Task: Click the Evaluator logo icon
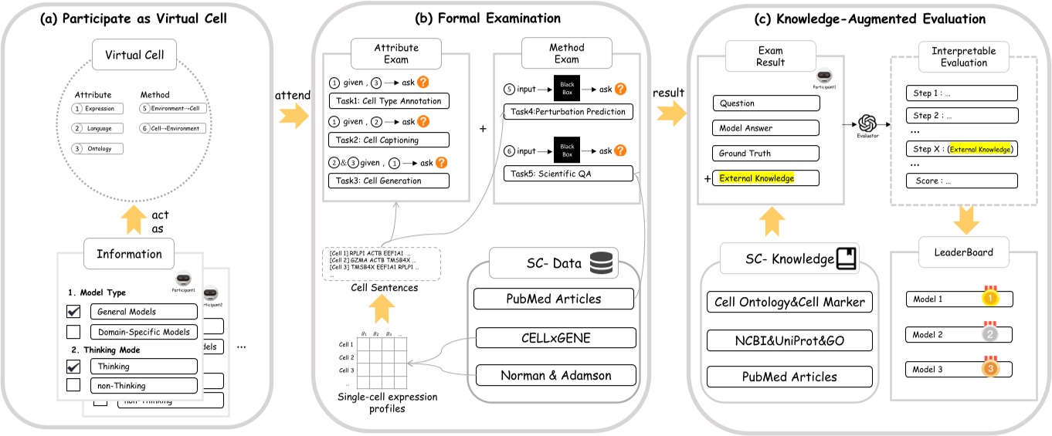[x=866, y=123]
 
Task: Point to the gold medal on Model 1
[x=989, y=297]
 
